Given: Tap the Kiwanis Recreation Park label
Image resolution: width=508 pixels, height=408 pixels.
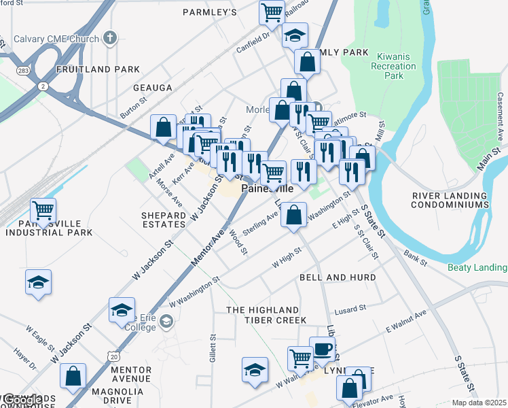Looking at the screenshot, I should pyautogui.click(x=393, y=67).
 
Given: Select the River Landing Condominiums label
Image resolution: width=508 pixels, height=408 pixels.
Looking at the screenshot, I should pyautogui.click(x=450, y=200).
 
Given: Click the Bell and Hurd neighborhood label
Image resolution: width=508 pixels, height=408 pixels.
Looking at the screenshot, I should pyautogui.click(x=338, y=278).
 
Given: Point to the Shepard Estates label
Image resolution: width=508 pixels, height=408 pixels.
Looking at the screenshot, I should pyautogui.click(x=163, y=220).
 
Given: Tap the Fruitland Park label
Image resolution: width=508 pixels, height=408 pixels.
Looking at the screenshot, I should pyautogui.click(x=98, y=69).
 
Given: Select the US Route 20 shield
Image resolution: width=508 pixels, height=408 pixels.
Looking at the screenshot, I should pyautogui.click(x=113, y=356).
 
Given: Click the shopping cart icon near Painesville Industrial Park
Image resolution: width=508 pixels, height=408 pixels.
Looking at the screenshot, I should pyautogui.click(x=43, y=210).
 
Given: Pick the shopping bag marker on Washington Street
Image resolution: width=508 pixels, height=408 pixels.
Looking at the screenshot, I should pyautogui.click(x=293, y=216).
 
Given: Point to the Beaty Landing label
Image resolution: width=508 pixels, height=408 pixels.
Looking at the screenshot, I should pyautogui.click(x=477, y=267).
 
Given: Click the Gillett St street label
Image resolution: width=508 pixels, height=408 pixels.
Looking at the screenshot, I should pyautogui.click(x=213, y=347).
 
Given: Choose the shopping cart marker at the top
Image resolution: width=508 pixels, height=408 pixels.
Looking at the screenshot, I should pyautogui.click(x=272, y=12).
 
